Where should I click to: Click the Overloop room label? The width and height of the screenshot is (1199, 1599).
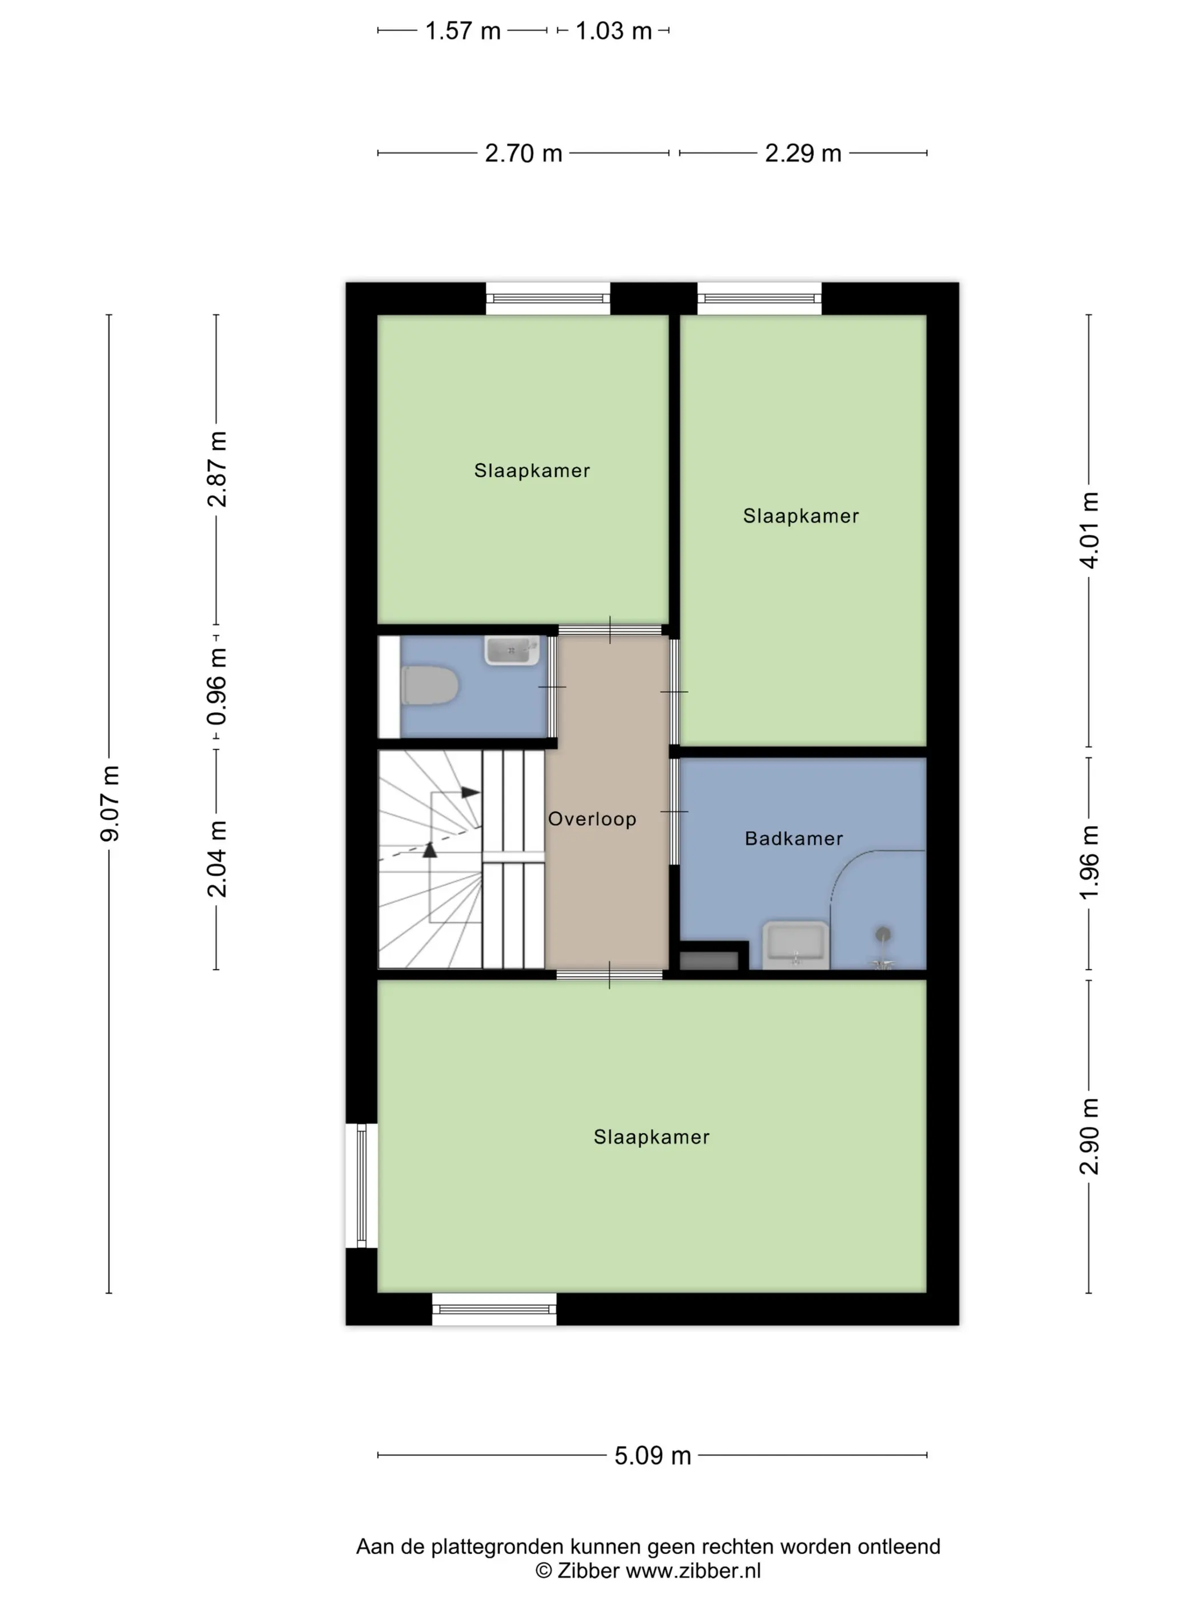pos(592,819)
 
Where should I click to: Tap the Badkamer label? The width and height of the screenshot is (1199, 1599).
pos(794,838)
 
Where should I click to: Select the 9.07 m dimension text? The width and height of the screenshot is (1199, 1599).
pos(110,803)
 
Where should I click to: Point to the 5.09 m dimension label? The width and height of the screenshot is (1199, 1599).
pos(653,1455)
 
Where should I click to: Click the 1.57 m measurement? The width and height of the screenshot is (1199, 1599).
pos(462,31)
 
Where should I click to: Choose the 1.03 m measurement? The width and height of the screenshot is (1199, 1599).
pos(614,31)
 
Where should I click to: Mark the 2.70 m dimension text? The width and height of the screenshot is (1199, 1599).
pos(523,153)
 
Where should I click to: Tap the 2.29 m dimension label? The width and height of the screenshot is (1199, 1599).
pos(803,153)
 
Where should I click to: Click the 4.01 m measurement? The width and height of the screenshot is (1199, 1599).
pos(1089,530)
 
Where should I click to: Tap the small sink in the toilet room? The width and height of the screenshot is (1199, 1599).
pos(512,650)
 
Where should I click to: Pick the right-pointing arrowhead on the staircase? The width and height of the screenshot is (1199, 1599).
pos(470,792)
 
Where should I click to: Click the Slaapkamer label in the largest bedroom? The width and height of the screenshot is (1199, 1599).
pos(651,1137)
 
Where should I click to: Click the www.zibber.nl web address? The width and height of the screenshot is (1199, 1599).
pos(693,1570)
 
